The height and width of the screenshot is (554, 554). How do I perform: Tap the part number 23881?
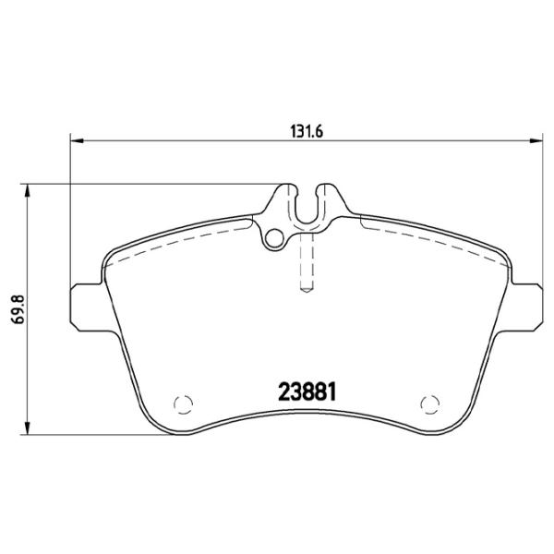(x=306, y=391)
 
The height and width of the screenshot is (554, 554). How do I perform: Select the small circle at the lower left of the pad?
(x=182, y=403)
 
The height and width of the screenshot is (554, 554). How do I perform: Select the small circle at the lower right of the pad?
(x=428, y=403)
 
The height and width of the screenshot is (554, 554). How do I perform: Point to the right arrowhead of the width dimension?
(x=536, y=141)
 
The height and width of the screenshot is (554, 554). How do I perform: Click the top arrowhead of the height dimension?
(x=28, y=190)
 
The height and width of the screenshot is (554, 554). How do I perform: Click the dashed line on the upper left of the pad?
(x=175, y=237)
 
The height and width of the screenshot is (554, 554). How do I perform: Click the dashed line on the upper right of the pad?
(x=434, y=237)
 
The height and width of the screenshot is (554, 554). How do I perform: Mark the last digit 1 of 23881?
(x=328, y=391)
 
